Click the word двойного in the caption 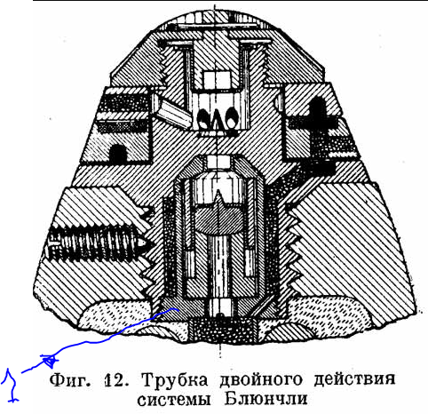(261, 380)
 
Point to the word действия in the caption (354, 379)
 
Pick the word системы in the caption (174, 400)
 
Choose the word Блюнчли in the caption (266, 399)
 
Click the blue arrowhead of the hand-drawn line (49, 360)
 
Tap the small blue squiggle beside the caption (11, 385)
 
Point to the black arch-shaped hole (118, 154)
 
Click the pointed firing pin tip (219, 197)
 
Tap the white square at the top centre (217, 80)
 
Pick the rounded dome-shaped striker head (219, 219)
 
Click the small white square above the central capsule (218, 163)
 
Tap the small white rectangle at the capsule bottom (220, 307)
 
